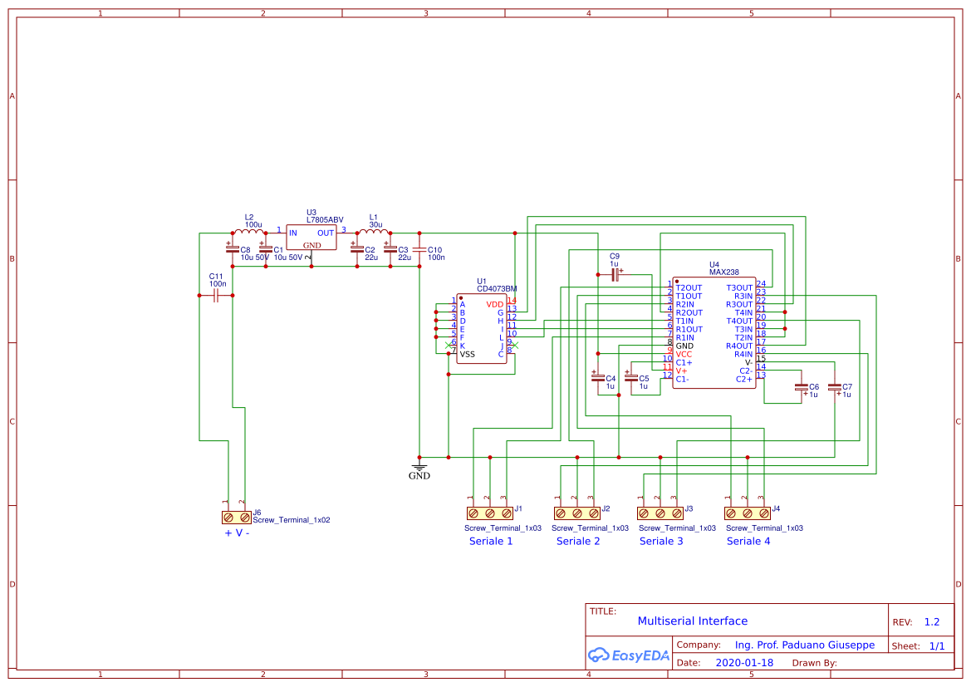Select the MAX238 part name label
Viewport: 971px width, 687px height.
723,272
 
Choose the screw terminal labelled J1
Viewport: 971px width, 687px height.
489,513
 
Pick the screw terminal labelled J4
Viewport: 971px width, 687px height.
747,513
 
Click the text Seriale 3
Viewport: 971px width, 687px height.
661,541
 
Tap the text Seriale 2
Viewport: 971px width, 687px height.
578,541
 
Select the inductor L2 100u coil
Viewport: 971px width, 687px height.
249,233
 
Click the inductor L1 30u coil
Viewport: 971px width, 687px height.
375,233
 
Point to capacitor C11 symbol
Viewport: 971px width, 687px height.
215,296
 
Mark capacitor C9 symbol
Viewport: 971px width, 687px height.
615,275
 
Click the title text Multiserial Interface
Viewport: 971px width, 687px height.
692,621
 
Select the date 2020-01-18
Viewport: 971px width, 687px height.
744,663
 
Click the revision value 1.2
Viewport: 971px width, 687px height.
931,621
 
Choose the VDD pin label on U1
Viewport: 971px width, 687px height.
495,304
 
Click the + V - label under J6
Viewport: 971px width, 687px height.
237,533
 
